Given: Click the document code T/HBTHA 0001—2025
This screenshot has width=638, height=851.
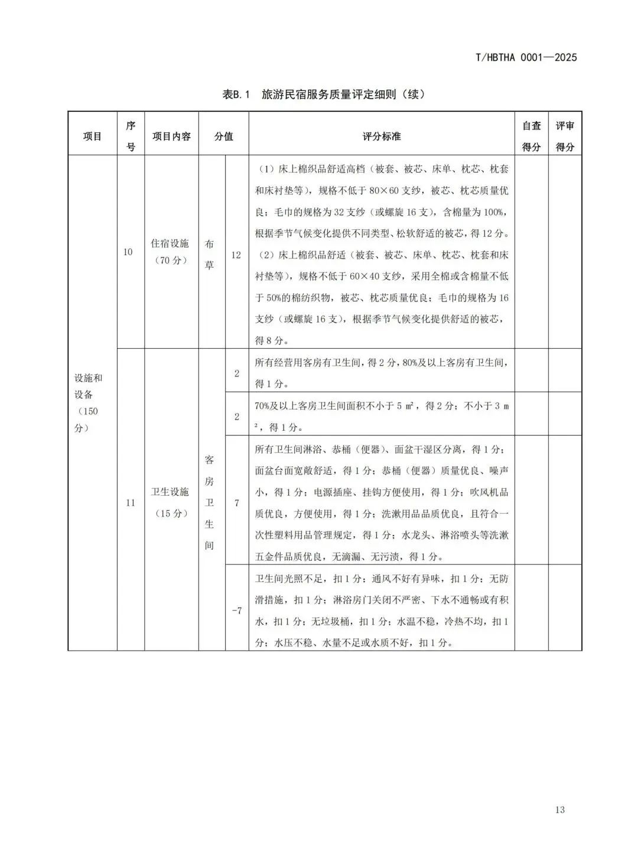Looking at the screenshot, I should [x=526, y=57].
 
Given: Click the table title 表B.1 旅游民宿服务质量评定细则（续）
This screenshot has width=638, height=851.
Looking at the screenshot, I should [x=324, y=95].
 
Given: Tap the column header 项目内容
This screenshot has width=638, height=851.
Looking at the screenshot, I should [x=171, y=137].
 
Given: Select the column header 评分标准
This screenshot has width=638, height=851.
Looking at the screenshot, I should [x=382, y=137].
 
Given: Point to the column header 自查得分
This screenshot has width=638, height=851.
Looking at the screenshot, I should [x=531, y=137].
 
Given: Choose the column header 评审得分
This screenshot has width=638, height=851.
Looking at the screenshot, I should [x=565, y=137].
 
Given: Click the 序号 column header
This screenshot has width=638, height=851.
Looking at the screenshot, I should [x=131, y=137].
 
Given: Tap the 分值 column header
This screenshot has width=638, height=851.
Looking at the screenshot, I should [x=223, y=137].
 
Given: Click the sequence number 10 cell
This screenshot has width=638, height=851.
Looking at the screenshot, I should [x=128, y=252].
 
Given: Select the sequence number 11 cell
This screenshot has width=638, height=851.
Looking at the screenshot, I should [x=131, y=502].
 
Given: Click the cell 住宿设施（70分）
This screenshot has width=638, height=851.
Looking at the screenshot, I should [x=171, y=252].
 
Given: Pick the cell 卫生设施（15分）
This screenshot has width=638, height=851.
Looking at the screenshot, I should [x=171, y=502].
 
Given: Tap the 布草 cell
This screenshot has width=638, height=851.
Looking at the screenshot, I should [x=210, y=255].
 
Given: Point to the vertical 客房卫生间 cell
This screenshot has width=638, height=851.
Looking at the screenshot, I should [x=210, y=502].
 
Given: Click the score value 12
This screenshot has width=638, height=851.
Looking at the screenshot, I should [x=236, y=255].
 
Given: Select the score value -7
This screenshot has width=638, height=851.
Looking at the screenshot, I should [x=236, y=610].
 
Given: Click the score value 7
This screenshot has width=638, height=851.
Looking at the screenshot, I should [x=237, y=503].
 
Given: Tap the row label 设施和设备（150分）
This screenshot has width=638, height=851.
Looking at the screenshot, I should [x=89, y=402].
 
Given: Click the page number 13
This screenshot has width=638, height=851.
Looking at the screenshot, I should [x=560, y=810].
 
